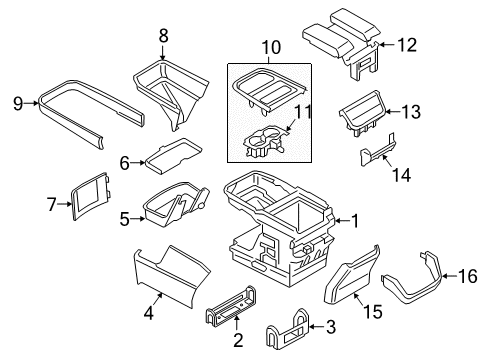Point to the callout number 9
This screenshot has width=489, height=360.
pos(17,101)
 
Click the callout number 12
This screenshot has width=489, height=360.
pos(406,43)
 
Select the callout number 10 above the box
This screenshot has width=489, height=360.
pos(268,46)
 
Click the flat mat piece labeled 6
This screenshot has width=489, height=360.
pos(170,158)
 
